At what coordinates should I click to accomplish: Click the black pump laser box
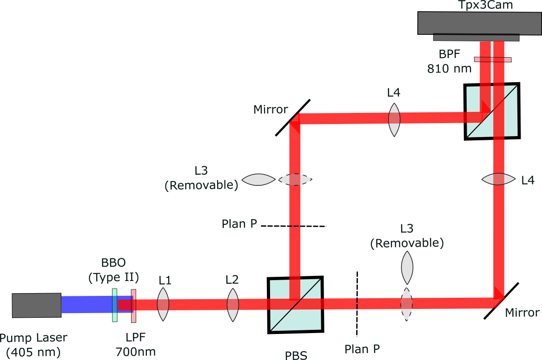click(36, 305)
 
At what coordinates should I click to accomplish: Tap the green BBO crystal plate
click(114, 305)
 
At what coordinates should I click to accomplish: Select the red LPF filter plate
click(133, 305)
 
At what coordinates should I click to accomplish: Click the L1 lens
click(163, 304)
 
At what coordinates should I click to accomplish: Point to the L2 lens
click(232, 305)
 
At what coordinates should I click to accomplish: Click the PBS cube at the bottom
click(295, 304)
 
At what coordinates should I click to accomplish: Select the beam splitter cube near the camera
click(492, 111)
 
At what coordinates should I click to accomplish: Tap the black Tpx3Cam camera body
click(479, 23)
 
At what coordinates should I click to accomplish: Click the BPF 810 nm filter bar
click(492, 59)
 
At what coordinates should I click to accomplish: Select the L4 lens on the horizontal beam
click(394, 119)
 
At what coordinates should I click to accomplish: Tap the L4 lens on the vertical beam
click(498, 179)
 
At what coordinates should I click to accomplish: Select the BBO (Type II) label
click(113, 270)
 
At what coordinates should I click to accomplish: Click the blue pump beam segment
click(86, 305)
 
